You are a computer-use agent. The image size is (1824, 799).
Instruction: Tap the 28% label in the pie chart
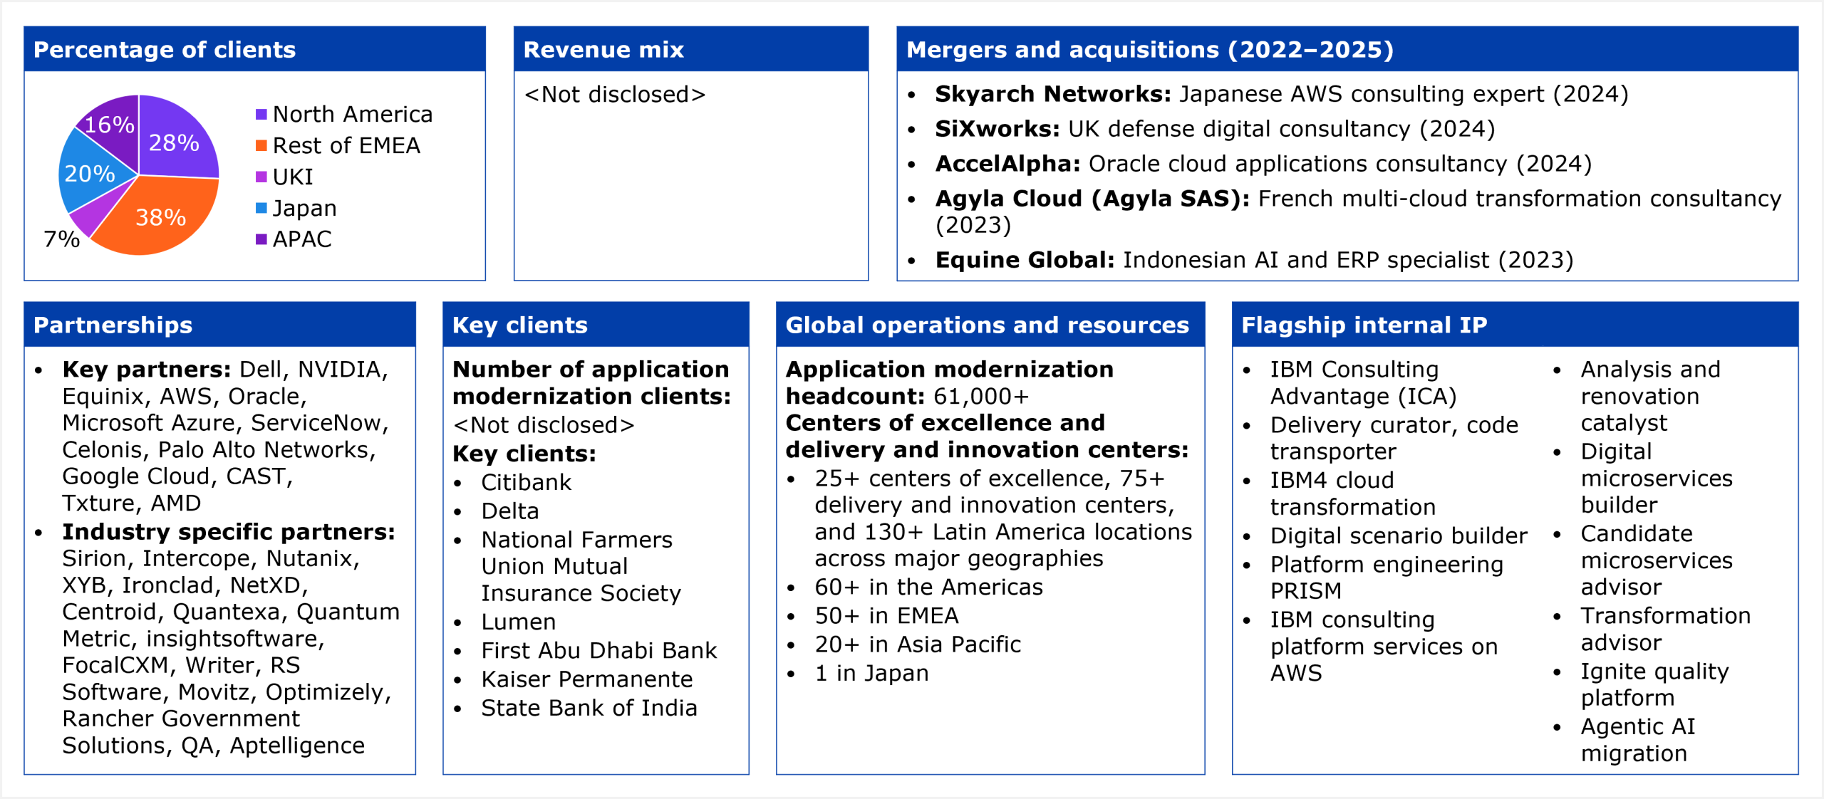tap(174, 143)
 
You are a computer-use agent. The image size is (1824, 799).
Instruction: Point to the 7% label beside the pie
tap(62, 239)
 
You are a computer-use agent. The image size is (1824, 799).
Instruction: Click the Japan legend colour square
tap(261, 208)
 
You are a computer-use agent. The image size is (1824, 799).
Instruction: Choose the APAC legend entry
tap(294, 239)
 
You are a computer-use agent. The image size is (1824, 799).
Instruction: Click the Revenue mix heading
tap(603, 50)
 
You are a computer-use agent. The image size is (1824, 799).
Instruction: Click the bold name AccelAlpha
tap(1008, 164)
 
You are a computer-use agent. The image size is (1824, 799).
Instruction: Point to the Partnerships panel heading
tap(113, 325)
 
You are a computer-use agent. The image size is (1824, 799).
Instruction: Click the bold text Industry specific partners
tap(229, 532)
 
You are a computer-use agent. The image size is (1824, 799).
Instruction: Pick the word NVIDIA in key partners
tap(343, 370)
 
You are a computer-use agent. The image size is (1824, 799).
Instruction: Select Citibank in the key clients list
tap(527, 483)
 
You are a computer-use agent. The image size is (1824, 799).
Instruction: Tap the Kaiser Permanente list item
tap(587, 679)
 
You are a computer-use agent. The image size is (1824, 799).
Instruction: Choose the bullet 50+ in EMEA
tap(887, 616)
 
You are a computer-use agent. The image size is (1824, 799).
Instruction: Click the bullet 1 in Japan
tap(872, 674)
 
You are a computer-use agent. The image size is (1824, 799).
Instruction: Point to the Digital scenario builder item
tap(1399, 536)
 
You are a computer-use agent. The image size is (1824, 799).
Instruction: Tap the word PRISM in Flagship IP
tap(1306, 591)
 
